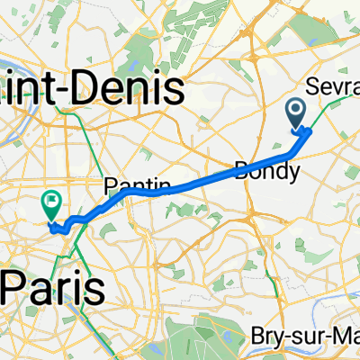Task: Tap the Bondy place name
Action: pyautogui.click(x=260, y=169)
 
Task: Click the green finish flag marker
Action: pyautogui.click(x=50, y=205)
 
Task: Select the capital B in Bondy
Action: pyautogui.click(x=242, y=169)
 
